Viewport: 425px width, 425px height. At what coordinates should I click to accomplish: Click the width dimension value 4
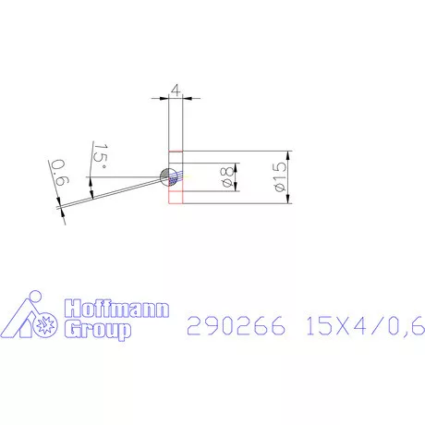[x=176, y=91]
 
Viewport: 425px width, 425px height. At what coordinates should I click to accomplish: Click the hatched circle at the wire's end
[x=169, y=176]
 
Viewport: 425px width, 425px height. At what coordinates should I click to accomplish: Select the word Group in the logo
[x=95, y=330]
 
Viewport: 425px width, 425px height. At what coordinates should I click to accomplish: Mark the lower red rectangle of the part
[x=176, y=193]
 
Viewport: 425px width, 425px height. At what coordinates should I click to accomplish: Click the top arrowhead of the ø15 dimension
[x=289, y=154]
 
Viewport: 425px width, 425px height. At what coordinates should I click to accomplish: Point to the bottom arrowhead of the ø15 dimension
[x=289, y=200]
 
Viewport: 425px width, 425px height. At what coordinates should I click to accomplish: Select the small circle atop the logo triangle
[x=33, y=298]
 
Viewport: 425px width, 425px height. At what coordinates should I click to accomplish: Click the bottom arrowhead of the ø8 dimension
[x=238, y=188]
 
